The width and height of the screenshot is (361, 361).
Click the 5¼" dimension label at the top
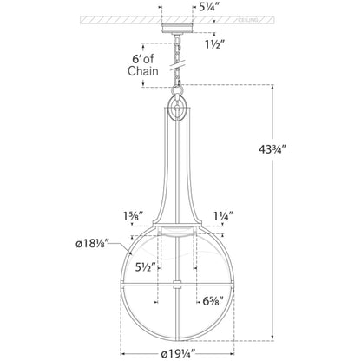[211, 7]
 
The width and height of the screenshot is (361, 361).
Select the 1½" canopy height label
[214, 44]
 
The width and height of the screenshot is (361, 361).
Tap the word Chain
[143, 71]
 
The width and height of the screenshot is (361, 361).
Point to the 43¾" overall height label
[272, 149]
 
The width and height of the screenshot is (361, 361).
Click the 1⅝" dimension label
[134, 216]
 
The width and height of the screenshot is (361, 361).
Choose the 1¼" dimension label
[223, 216]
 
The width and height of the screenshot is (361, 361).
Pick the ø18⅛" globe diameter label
[92, 244]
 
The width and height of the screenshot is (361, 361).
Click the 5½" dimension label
[146, 267]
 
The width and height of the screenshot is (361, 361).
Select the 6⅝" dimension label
[213, 301]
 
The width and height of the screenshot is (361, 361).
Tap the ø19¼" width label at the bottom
[178, 354]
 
